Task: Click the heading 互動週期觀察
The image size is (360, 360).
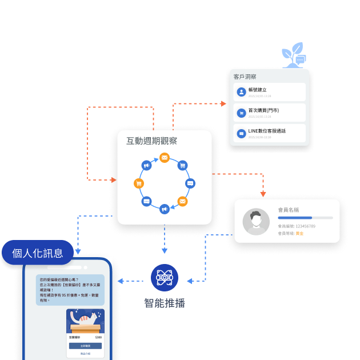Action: click(151, 141)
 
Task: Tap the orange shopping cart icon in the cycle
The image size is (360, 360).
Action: click(138, 183)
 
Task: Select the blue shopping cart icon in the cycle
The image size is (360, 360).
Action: click(182, 166)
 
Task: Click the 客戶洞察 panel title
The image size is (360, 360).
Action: click(245, 77)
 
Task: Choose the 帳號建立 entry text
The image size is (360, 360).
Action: click(258, 90)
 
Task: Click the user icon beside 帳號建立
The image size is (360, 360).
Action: click(241, 92)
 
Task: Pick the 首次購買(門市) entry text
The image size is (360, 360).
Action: click(263, 110)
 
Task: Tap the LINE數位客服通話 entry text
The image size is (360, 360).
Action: click(267, 131)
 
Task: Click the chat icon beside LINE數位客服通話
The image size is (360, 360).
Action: click(241, 133)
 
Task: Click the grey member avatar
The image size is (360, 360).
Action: click(256, 221)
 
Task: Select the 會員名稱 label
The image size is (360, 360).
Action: click(289, 210)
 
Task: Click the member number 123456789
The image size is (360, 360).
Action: click(305, 226)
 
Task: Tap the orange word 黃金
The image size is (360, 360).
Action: click(299, 234)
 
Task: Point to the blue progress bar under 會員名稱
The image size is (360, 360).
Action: click(295, 218)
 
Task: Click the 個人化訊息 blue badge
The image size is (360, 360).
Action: click(38, 253)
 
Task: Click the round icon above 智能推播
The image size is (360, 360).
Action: click(165, 278)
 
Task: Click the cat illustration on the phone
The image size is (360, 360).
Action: click(85, 321)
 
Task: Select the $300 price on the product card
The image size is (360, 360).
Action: click(98, 338)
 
